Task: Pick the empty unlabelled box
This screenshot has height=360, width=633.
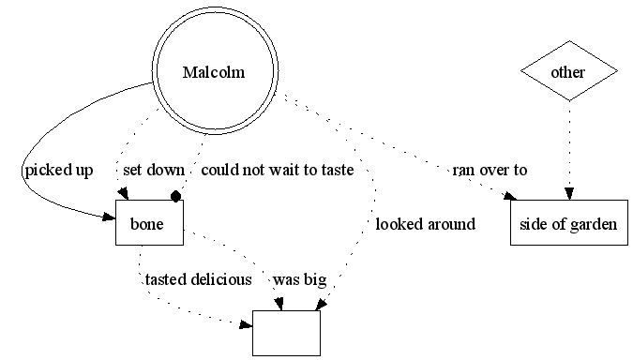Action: pyautogui.click(x=286, y=333)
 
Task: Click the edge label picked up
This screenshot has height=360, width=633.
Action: pyautogui.click(x=58, y=172)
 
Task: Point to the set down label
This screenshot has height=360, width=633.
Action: pyautogui.click(x=145, y=172)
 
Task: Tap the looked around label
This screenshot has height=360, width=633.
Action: pyautogui.click(x=425, y=224)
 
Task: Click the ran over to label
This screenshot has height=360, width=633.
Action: pyautogui.click(x=490, y=172)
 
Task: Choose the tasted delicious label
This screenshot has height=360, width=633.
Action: pyautogui.click(x=197, y=279)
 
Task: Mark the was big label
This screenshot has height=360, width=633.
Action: pyautogui.click(x=299, y=279)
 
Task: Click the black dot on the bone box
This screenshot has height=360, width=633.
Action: pyautogui.click(x=174, y=196)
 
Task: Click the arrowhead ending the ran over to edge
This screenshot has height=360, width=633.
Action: pyautogui.click(x=511, y=197)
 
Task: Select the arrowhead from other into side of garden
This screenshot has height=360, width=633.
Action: pyautogui.click(x=568, y=194)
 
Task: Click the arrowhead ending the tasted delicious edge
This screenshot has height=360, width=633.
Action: pyautogui.click(x=248, y=326)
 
